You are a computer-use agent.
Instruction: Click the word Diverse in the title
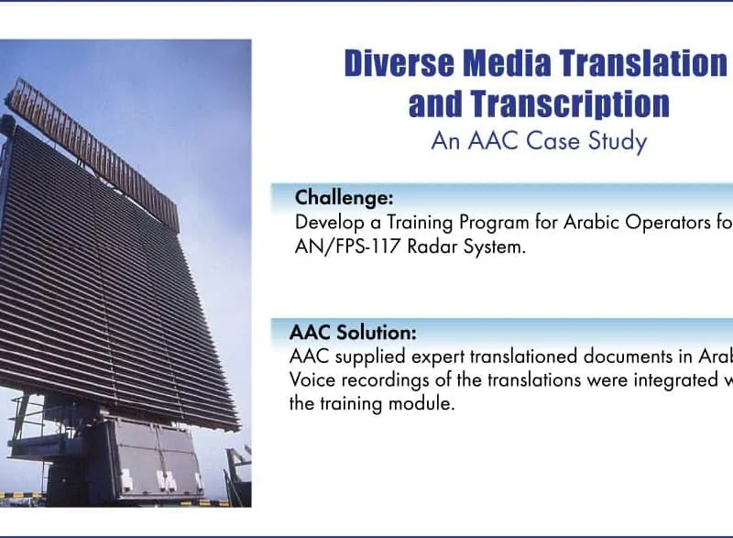pos(399,63)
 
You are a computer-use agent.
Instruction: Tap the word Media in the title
pos(507,63)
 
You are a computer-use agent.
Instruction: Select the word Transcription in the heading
pos(570,104)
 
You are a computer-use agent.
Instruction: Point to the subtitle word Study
pos(618,141)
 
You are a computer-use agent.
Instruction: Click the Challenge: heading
pos(345,198)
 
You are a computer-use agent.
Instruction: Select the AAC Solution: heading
pos(353,333)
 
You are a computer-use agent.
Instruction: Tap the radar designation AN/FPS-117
pos(347,247)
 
